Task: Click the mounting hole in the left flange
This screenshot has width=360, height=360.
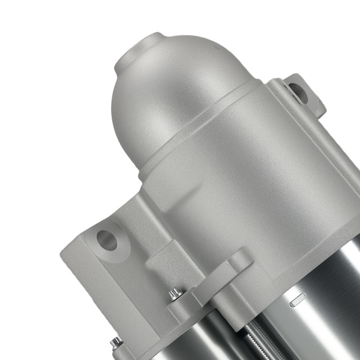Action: (x=107, y=239)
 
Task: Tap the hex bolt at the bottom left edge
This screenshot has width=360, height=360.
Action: (x=115, y=343)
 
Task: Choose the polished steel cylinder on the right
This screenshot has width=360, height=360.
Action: (x=318, y=324)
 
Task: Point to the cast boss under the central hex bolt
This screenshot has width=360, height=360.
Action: (x=180, y=309)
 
